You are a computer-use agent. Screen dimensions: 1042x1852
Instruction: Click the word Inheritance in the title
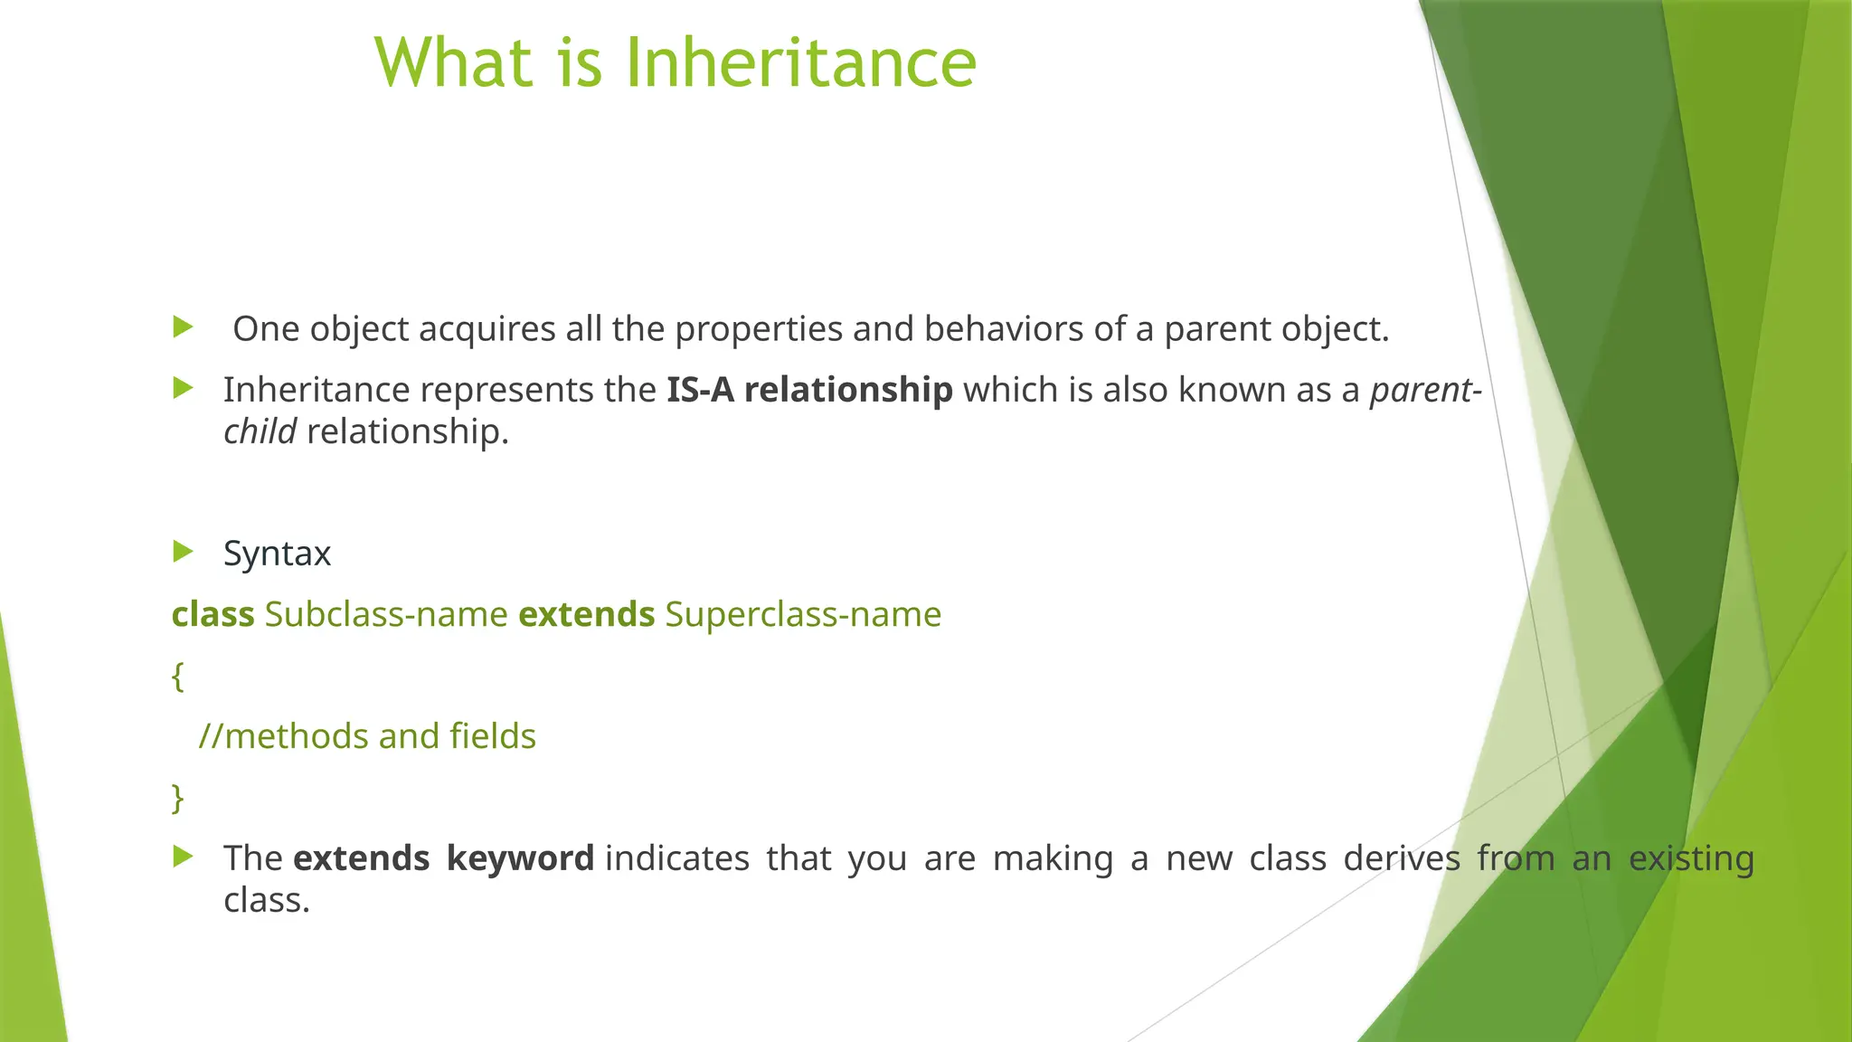click(800, 63)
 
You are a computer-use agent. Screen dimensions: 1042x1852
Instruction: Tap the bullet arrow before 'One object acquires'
click(184, 327)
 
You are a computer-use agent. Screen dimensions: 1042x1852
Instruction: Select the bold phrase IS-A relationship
click(809, 390)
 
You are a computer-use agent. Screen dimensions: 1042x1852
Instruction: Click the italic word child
click(260, 431)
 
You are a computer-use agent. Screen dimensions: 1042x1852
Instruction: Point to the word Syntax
click(277, 554)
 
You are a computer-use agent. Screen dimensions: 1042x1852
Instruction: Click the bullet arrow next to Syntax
click(184, 551)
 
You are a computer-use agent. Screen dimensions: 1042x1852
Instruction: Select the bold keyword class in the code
click(213, 615)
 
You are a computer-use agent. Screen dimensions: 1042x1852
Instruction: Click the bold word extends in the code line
click(586, 615)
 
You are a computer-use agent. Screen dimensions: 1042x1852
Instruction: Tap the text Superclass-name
click(803, 615)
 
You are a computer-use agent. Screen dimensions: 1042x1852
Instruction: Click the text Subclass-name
click(386, 615)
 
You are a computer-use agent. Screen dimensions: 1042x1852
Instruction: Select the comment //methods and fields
click(367, 736)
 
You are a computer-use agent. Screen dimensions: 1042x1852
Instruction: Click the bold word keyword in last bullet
click(520, 858)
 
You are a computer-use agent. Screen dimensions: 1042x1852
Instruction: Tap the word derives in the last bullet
click(1401, 858)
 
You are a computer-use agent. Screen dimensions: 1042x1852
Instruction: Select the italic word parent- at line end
click(1425, 390)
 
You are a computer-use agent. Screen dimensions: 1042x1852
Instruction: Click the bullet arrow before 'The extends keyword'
click(184, 857)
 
